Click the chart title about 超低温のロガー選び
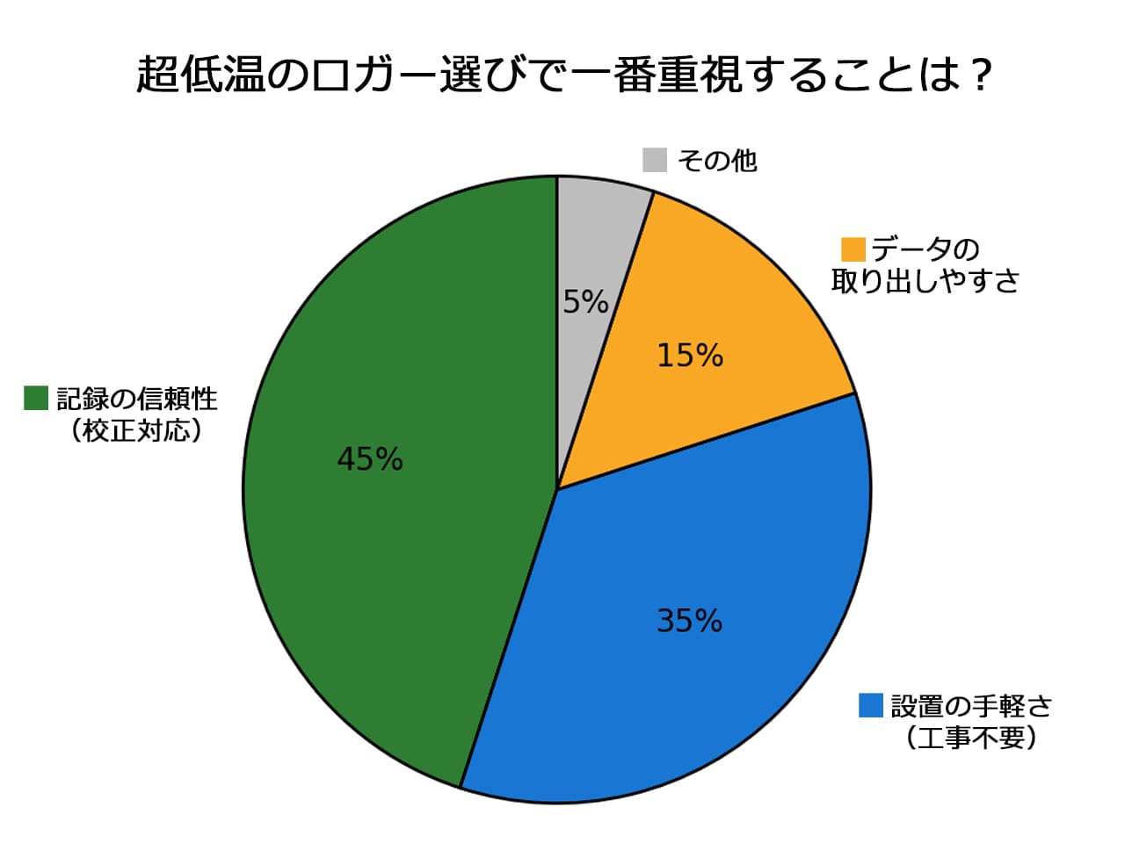point(563,75)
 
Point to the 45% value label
point(370,458)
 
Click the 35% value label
point(689,621)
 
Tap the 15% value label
point(690,356)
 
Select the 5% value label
point(586,301)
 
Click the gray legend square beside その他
point(655,160)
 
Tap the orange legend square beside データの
point(853,249)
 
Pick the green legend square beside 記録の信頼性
point(36,398)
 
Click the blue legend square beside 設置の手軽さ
point(871,705)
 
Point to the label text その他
point(717,160)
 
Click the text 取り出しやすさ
point(925,281)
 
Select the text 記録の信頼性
point(137,398)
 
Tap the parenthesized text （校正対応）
point(136,430)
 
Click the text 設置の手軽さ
point(971,706)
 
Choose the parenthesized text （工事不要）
point(971,739)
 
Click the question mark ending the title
point(981,75)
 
